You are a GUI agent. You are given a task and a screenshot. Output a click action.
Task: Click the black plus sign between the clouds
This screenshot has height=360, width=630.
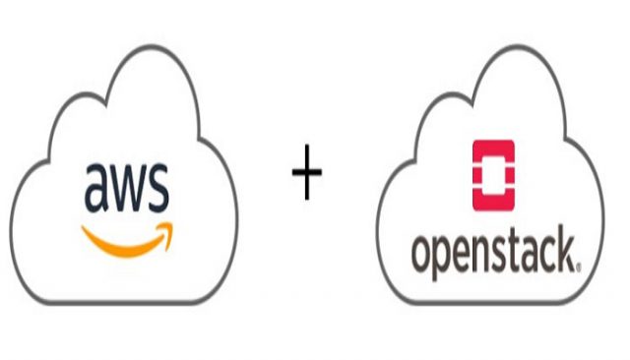307,176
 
